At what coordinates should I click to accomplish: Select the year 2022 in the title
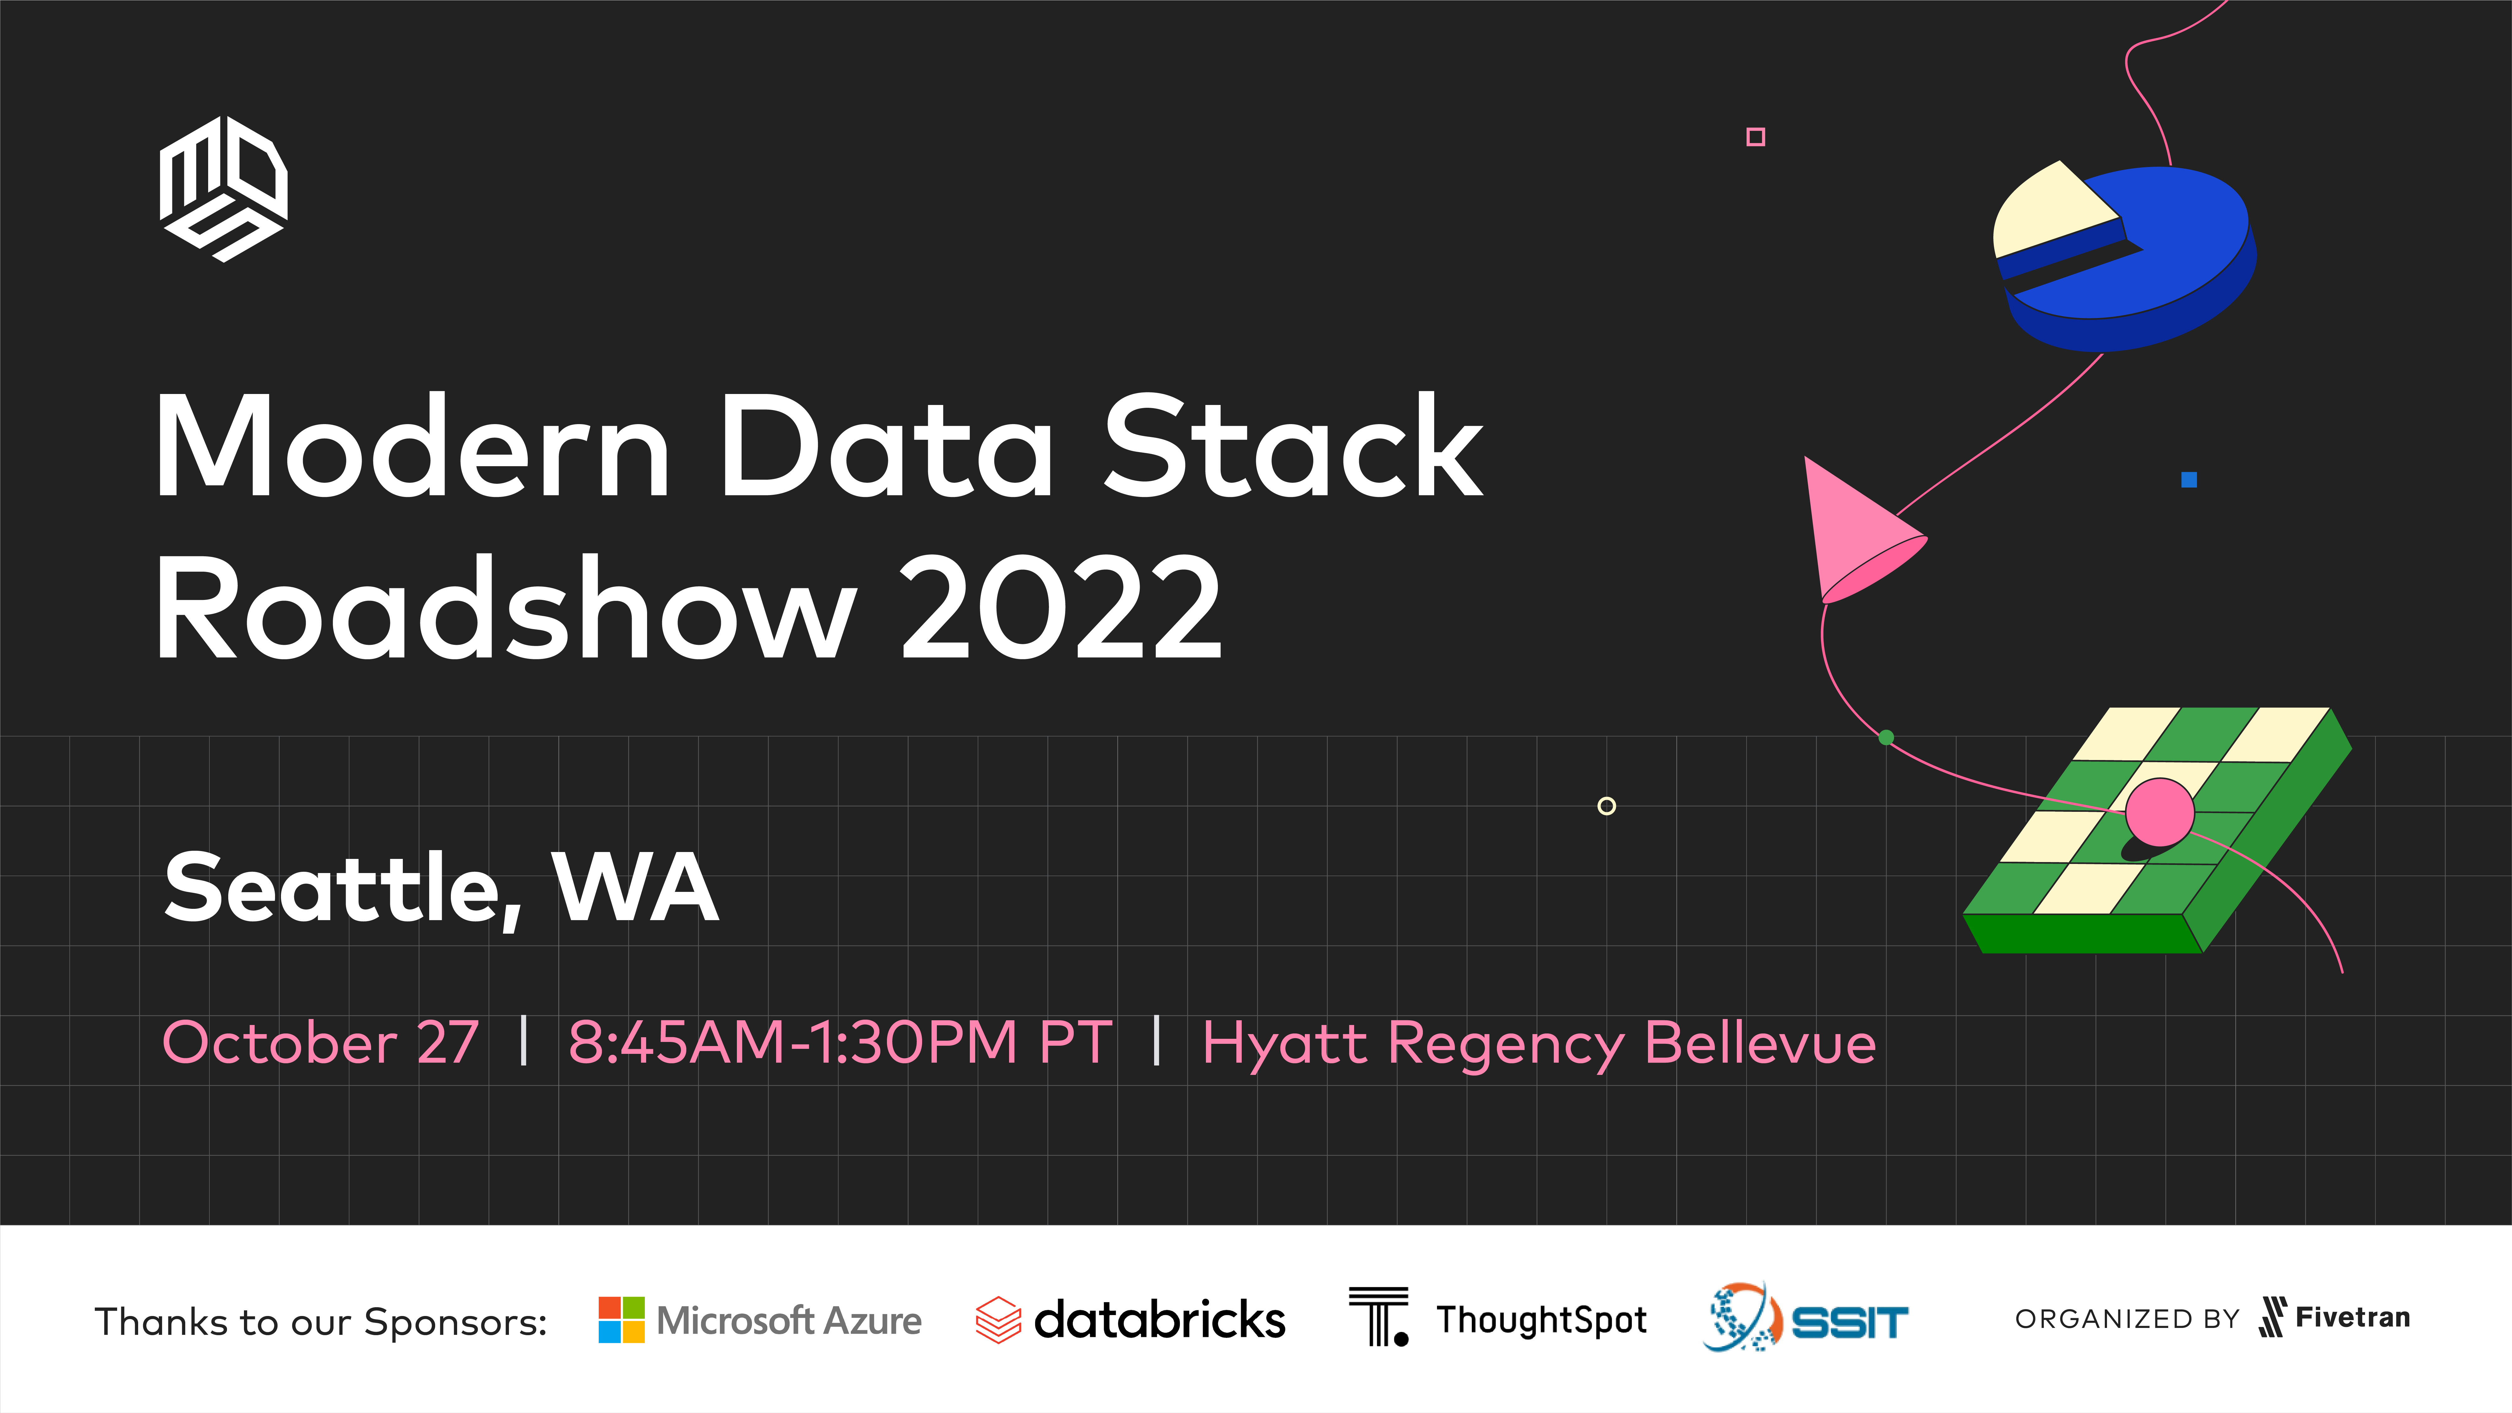(1061, 607)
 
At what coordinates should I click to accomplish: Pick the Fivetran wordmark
(2352, 1318)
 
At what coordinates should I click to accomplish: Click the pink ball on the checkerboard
(2160, 811)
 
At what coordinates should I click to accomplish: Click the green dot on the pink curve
(1886, 737)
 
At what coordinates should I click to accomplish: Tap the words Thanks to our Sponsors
(321, 1322)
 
